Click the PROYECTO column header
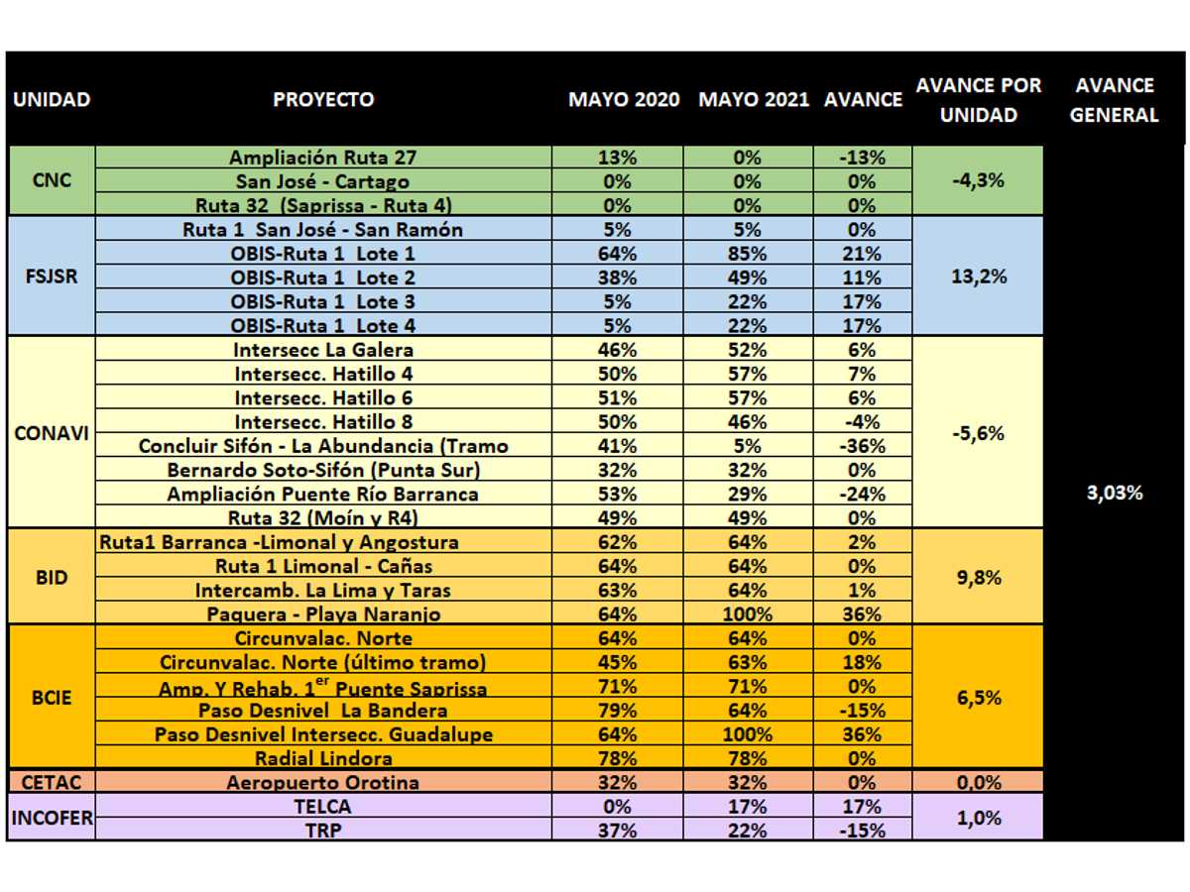pos(323,99)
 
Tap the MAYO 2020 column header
pos(624,99)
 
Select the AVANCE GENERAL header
pos(1114,100)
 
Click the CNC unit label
pos(52,179)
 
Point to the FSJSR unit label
pos(52,277)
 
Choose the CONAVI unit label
pos(52,433)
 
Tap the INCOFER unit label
pos(52,818)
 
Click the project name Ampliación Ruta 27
pos(323,157)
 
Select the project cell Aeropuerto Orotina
pos(323,782)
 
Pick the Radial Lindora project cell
pos(323,758)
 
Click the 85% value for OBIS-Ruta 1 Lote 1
pos(747,254)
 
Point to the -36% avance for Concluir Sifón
pos(862,446)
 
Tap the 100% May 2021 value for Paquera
pos(747,614)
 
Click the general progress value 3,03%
pos(1115,493)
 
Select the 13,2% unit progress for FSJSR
pos(979,277)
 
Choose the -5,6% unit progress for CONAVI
pos(978,433)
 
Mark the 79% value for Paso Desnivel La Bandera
pos(617,710)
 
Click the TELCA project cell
pos(323,807)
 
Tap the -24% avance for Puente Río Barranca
pos(862,494)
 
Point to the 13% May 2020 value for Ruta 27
pos(617,157)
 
